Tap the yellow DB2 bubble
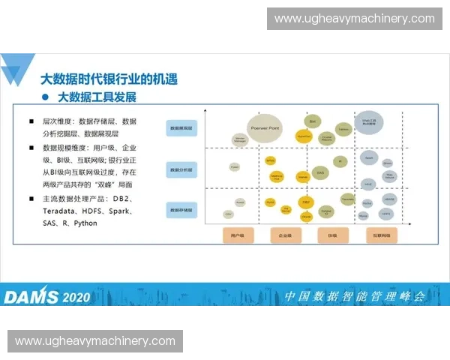coord(305,202)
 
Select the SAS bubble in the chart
coord(320,172)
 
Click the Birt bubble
coord(312,121)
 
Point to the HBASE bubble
coord(389,199)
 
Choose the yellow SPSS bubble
coord(271,160)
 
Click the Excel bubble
coord(235,166)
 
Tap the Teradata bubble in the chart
coord(348,199)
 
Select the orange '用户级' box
coord(238,235)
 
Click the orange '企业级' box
coord(284,235)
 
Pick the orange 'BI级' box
coord(331,235)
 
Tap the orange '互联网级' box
coord(381,235)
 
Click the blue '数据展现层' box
coord(182,129)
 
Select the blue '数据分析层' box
coord(182,169)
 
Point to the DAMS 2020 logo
coord(46,296)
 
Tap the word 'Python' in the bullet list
coord(85,223)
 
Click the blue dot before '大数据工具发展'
coord(46,97)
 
